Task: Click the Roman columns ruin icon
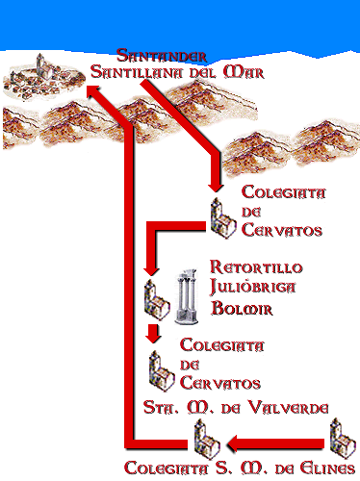(x=189, y=295)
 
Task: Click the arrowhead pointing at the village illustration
(x=90, y=92)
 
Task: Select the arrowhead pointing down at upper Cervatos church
(x=217, y=186)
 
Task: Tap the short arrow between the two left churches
(x=152, y=335)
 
